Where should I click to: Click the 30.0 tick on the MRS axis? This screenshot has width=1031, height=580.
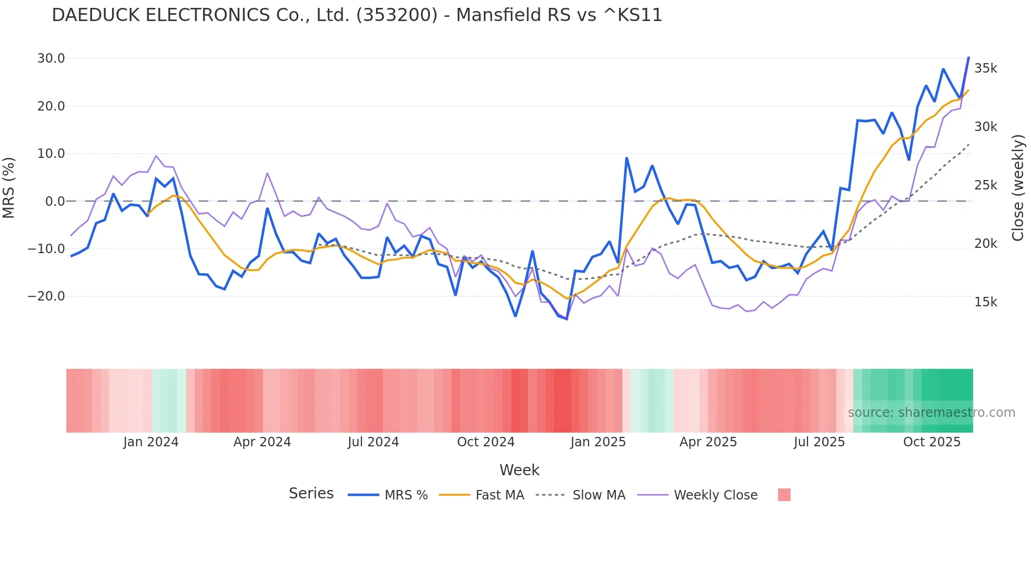click(x=50, y=58)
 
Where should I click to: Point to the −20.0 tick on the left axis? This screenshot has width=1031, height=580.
click(x=46, y=296)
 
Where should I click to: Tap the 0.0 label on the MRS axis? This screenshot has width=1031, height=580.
click(x=55, y=202)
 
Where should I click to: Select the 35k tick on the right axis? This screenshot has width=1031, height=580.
click(x=985, y=68)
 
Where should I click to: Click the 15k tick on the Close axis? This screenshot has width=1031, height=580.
click(x=985, y=302)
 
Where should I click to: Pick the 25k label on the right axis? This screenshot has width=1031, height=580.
click(x=985, y=185)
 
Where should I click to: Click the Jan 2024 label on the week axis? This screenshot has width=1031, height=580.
click(x=150, y=442)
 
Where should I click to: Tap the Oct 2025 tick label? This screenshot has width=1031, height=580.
click(x=932, y=442)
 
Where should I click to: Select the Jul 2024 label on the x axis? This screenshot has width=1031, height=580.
click(x=373, y=442)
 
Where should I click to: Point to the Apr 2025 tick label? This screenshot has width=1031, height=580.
click(x=708, y=442)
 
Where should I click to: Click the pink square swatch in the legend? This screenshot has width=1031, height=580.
click(x=784, y=495)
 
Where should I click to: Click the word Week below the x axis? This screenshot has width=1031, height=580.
click(x=519, y=470)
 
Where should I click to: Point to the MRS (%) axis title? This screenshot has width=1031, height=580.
click(x=9, y=188)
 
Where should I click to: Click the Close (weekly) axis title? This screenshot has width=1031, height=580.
click(x=1018, y=188)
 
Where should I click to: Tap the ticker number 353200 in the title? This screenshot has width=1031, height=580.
click(x=397, y=15)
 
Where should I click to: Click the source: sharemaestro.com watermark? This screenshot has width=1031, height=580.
click(x=931, y=413)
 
